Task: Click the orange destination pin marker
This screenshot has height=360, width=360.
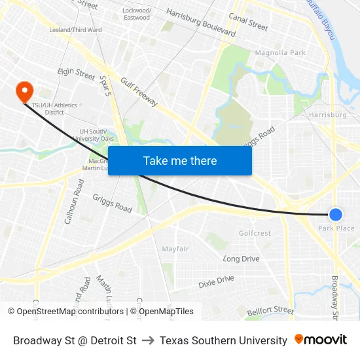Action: pyautogui.click(x=24, y=91)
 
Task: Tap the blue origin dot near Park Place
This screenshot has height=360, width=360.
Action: pyautogui.click(x=335, y=214)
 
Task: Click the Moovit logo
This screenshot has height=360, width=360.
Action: pyautogui.click(x=321, y=340)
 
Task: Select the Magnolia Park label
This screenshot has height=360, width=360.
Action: pyautogui.click(x=280, y=52)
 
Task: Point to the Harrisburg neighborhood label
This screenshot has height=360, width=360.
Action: pyautogui.click(x=327, y=115)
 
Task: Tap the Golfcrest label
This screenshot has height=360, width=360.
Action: pyautogui.click(x=255, y=233)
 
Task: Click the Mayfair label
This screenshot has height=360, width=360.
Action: pyautogui.click(x=175, y=249)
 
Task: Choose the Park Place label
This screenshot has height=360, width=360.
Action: pyautogui.click(x=336, y=228)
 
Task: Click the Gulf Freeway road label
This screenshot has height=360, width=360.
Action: pyautogui.click(x=139, y=91)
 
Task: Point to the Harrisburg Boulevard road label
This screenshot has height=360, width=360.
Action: pyautogui.click(x=201, y=23)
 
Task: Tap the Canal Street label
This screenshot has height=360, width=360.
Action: pyautogui.click(x=249, y=23)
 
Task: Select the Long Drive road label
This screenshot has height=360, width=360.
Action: pyautogui.click(x=242, y=259)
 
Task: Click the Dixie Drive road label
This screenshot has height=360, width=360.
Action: pyautogui.click(x=216, y=282)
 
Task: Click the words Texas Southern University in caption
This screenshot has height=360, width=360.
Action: pyautogui.click(x=223, y=340)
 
